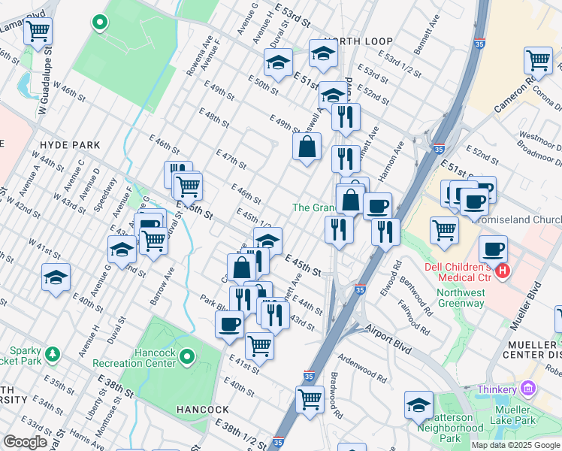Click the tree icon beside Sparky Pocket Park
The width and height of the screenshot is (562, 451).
coord(52,353)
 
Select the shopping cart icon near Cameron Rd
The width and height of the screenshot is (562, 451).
coord(538,60)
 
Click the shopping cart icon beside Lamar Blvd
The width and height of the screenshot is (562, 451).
coord(38,32)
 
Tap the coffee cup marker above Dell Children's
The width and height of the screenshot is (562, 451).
coord(493,249)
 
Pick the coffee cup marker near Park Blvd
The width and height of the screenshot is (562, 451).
coord(228,324)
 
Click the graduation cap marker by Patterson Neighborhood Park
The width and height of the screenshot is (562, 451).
coord(418,404)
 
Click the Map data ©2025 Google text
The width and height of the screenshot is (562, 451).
coord(515,445)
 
